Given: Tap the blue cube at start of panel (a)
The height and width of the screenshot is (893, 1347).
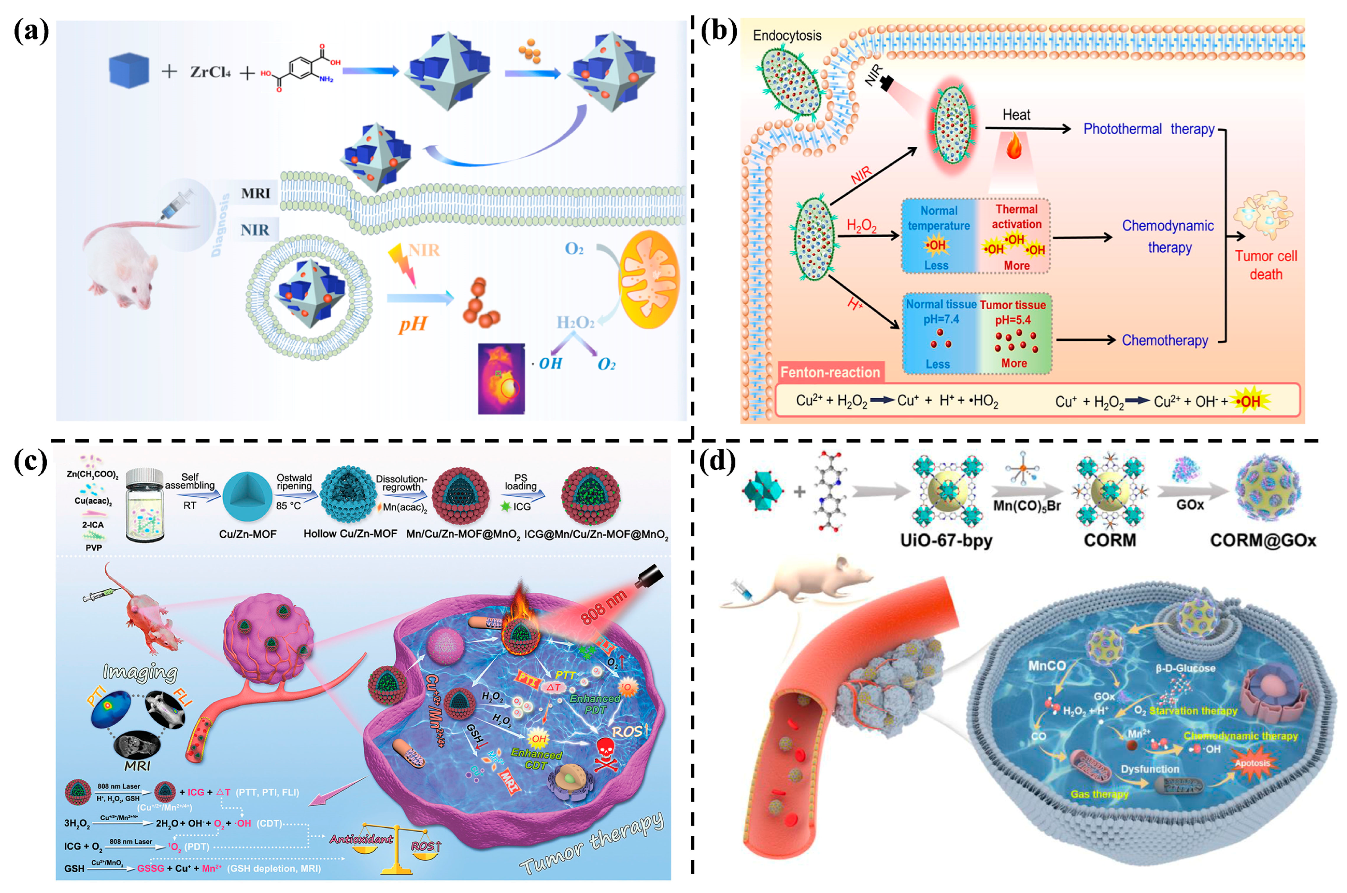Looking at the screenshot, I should pyautogui.click(x=129, y=70).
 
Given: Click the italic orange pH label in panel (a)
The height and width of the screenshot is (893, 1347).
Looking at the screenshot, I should pyautogui.click(x=412, y=325).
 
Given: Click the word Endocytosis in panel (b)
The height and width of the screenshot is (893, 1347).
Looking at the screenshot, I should pyautogui.click(x=787, y=35).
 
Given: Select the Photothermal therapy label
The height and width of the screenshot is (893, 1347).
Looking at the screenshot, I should pyautogui.click(x=1148, y=129).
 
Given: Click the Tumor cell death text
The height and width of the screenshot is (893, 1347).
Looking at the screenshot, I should pyautogui.click(x=1266, y=265).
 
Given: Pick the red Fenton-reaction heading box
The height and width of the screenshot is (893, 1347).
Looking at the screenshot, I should pyautogui.click(x=830, y=373).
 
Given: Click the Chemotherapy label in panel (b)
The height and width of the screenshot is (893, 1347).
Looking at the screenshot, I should pyautogui.click(x=1164, y=341).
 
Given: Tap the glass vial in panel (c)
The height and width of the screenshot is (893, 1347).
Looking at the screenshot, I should pyautogui.click(x=144, y=504).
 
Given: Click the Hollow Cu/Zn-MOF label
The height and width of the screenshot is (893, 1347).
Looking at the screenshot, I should pyautogui.click(x=350, y=534).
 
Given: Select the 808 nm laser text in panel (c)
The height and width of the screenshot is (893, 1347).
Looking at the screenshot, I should pyautogui.click(x=603, y=607).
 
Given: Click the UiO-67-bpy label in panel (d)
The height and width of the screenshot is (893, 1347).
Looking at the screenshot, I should pyautogui.click(x=946, y=540).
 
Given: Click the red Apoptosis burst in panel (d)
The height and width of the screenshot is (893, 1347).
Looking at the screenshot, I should pyautogui.click(x=1252, y=763).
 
